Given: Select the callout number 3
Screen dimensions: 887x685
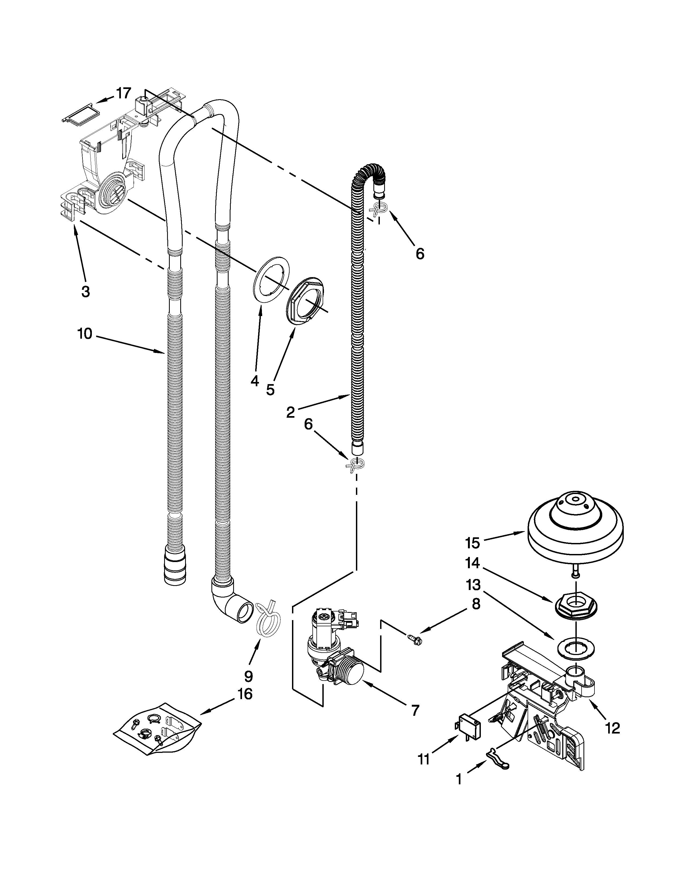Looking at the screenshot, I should (85, 291).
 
